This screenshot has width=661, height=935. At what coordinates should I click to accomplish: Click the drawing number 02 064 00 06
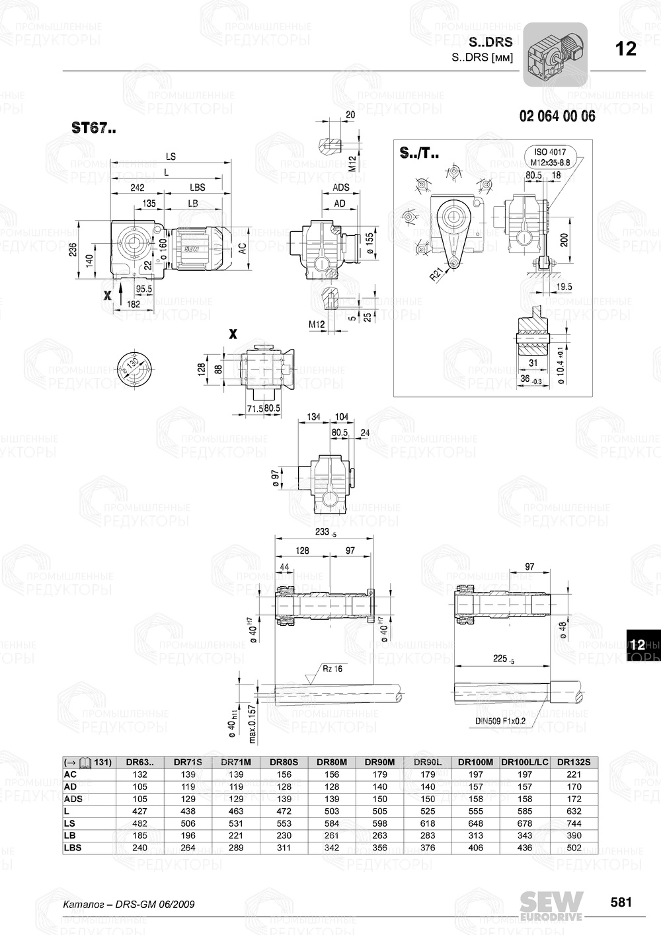click(557, 116)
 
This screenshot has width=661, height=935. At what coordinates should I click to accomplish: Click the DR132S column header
click(574, 762)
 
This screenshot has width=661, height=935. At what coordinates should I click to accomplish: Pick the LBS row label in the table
click(73, 848)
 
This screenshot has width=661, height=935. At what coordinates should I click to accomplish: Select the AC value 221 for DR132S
click(574, 774)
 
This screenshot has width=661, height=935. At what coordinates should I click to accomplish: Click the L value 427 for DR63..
click(139, 811)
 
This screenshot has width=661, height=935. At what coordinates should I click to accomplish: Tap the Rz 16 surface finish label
click(333, 669)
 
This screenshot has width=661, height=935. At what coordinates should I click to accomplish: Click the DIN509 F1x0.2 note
click(500, 721)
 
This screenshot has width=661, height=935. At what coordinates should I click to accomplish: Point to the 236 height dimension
click(73, 250)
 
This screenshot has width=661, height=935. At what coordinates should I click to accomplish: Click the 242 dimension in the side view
click(137, 188)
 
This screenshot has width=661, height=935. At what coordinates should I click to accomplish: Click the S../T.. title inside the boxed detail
click(418, 155)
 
